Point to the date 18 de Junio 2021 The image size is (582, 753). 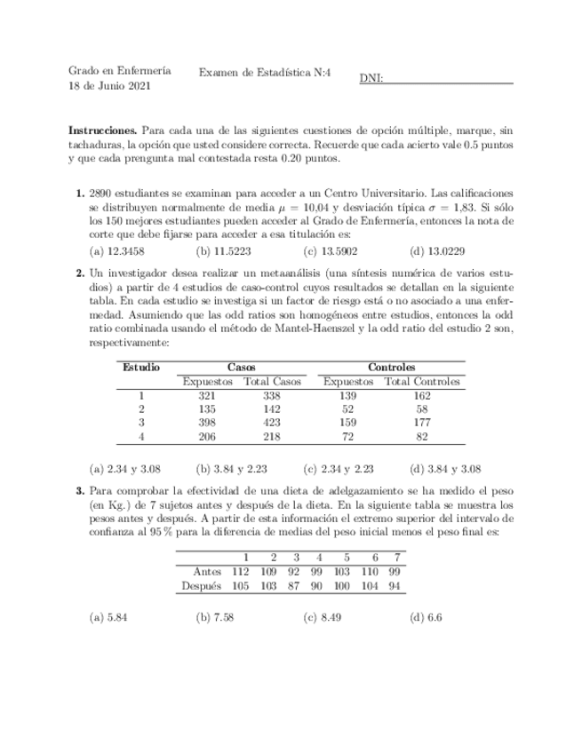(x=109, y=86)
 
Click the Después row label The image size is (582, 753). (x=201, y=586)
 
